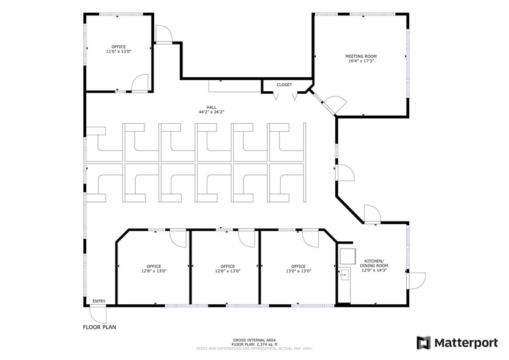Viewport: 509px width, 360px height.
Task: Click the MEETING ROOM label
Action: (361, 56)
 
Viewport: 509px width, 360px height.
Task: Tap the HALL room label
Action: (211, 107)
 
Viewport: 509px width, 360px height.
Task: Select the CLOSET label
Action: (284, 85)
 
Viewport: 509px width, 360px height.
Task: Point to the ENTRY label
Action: (98, 301)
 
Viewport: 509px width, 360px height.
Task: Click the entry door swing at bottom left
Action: (97, 315)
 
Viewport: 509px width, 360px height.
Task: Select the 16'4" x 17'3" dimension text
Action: (361, 61)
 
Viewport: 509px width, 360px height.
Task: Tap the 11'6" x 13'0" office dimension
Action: (119, 52)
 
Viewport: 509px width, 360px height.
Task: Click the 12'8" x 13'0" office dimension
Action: (154, 271)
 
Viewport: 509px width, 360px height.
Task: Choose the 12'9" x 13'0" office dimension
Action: (228, 271)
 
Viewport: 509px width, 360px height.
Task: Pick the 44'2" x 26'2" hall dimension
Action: (211, 112)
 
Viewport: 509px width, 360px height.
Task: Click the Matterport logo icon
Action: (423, 342)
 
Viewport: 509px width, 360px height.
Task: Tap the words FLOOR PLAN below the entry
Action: (99, 327)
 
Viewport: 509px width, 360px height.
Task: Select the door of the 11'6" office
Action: (140, 83)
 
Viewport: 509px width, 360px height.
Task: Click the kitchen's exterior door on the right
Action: (416, 280)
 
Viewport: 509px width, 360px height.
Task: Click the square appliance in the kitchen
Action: (348, 253)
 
